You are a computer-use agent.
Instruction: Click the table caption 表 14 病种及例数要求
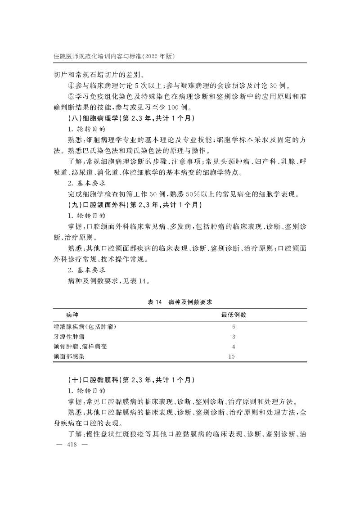[180, 300]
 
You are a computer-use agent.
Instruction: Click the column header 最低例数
[233, 315]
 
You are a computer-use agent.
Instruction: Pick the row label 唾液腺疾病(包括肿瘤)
[88, 327]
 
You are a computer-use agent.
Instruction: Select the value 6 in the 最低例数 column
[234, 327]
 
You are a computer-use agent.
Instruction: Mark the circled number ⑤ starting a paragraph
[70, 97]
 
